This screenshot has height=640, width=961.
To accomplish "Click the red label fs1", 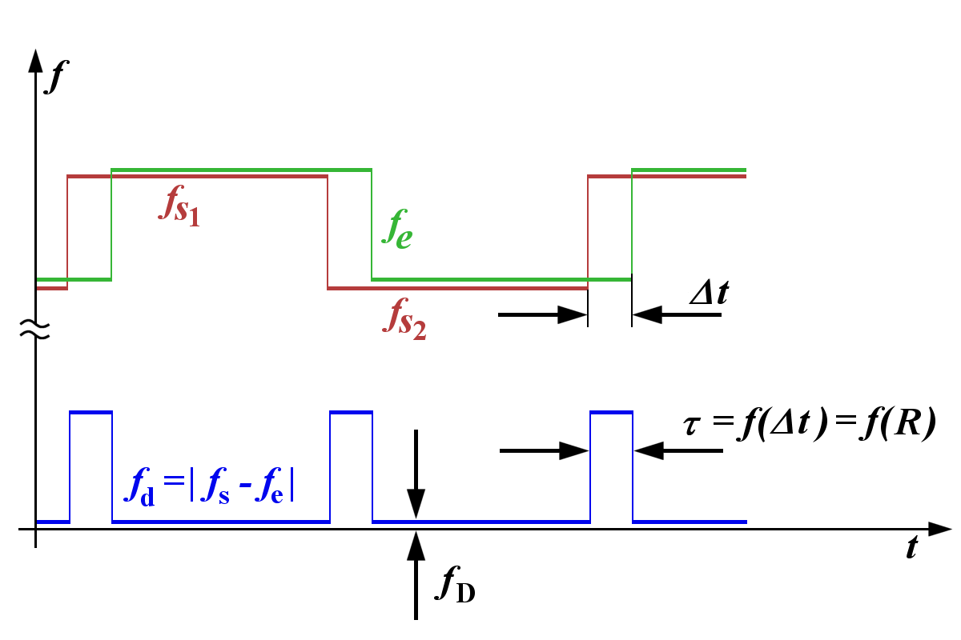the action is click(x=179, y=206).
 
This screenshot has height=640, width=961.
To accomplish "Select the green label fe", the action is click(x=397, y=229).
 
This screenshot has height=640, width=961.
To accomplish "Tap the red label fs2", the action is click(x=404, y=319).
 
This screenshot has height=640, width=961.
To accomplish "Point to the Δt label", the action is click(x=710, y=292).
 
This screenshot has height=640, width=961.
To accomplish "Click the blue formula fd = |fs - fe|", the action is click(x=209, y=486).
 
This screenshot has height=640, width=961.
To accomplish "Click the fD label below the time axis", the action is click(x=455, y=585).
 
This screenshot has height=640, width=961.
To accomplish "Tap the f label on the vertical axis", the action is click(x=57, y=76).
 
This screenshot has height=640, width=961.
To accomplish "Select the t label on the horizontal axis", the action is click(x=912, y=547).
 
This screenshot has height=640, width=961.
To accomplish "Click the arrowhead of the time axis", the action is click(x=939, y=529).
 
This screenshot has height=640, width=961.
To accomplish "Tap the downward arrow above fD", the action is click(x=416, y=474).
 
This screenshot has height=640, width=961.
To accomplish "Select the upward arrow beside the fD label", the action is click(x=416, y=575).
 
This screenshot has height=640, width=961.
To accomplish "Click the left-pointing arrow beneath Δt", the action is click(x=677, y=315).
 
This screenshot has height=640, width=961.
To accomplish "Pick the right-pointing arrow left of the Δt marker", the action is click(x=542, y=315).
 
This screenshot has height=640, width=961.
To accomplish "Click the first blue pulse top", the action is click(x=91, y=412).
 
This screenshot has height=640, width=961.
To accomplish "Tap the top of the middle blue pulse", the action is click(x=352, y=412).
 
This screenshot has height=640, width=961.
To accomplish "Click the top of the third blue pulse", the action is click(x=611, y=412).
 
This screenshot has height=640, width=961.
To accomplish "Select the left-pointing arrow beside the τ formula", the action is click(x=679, y=451).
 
